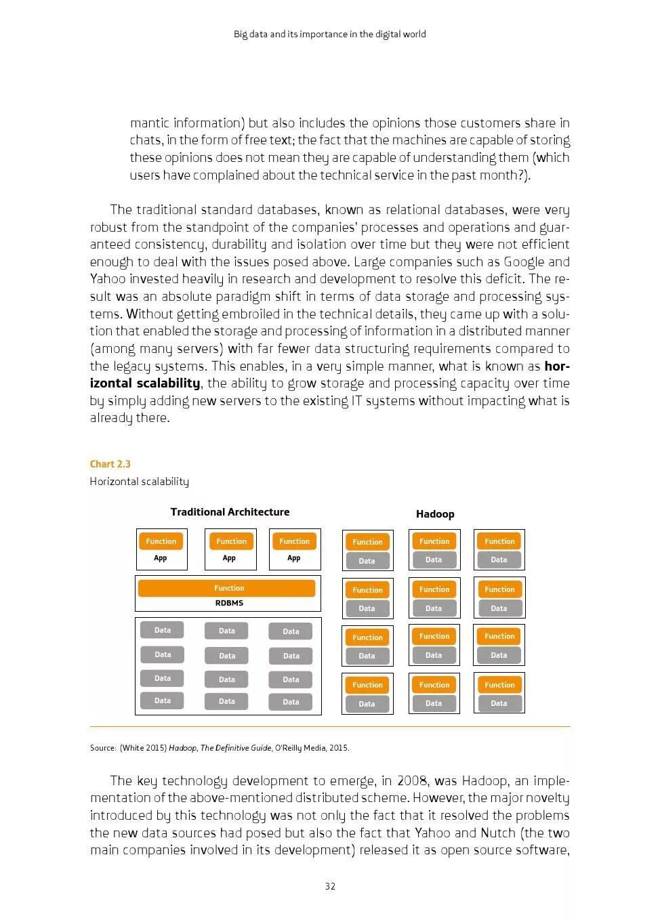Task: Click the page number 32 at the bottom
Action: point(330,886)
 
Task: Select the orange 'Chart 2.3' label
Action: point(110,464)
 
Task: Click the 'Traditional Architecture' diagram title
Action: point(230,512)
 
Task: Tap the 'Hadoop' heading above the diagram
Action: point(435,514)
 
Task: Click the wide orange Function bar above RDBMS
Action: point(226,588)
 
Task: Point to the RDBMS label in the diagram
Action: point(229,603)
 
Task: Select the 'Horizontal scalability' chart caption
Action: point(139,482)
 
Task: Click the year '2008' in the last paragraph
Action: point(412,780)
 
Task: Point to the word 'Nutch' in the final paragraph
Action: point(498,833)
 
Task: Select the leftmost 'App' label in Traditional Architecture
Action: point(160,558)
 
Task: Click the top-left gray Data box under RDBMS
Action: point(162,630)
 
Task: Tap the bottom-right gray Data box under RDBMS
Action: point(291,702)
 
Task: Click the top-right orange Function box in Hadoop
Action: point(499,541)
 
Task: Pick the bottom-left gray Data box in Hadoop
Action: point(367,704)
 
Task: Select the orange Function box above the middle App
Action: point(231,541)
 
